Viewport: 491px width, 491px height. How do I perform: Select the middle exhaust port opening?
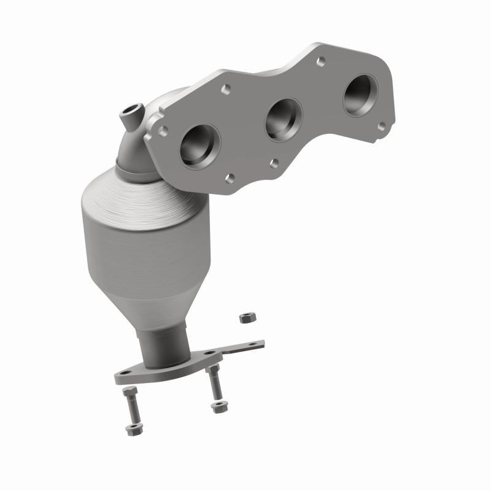284,119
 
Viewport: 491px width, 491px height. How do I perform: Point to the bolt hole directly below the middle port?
274,163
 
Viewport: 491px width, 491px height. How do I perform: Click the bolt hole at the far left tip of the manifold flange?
163,131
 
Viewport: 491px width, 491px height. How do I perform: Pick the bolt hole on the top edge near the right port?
320,61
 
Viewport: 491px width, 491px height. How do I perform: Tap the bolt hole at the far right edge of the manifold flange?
382,126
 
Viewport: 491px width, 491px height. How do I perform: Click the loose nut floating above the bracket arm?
244,319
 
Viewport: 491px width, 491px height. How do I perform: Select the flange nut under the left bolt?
131,430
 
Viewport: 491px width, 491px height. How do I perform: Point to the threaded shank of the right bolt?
214,384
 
